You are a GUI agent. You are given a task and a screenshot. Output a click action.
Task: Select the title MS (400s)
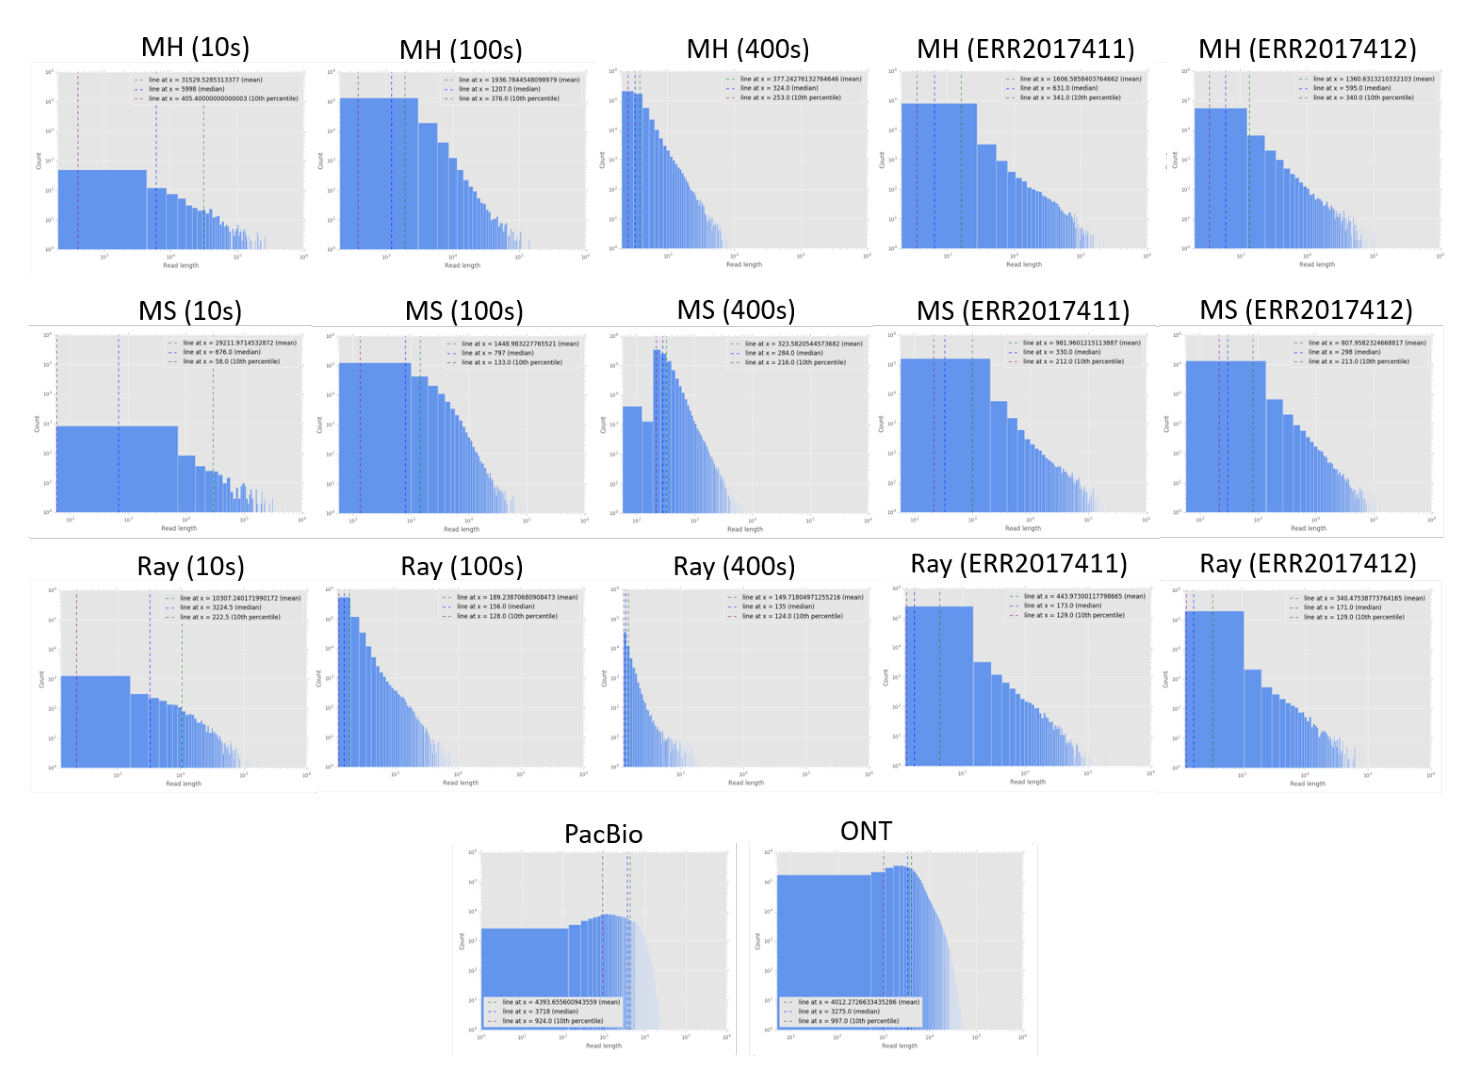pyautogui.click(x=735, y=310)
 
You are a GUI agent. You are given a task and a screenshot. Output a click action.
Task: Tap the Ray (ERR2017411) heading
pyautogui.click(x=1018, y=564)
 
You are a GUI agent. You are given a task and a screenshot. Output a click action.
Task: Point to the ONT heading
pyautogui.click(x=866, y=831)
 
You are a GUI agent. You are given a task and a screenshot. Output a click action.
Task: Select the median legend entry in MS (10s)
pyautogui.click(x=221, y=352)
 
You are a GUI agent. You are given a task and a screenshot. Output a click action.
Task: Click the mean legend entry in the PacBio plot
pyautogui.click(x=560, y=1002)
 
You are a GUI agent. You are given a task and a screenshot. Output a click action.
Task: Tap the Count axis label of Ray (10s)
pyautogui.click(x=41, y=679)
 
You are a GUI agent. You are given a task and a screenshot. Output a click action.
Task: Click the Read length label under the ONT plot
pyautogui.click(x=899, y=1046)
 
